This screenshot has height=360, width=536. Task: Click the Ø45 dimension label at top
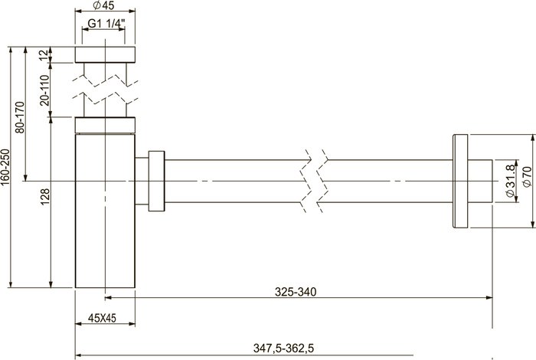103,5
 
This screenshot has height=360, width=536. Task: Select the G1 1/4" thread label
106,24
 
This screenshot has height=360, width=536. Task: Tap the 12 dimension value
44,55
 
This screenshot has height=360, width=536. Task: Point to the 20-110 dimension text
44,90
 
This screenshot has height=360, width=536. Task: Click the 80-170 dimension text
20,117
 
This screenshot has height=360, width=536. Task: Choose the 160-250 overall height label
5,167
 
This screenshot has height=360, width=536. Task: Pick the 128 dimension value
44,197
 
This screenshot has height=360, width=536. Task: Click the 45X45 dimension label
102,318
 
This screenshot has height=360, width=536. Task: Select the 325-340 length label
296,292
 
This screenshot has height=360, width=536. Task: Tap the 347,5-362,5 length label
283,348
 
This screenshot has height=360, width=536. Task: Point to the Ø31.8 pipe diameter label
510,181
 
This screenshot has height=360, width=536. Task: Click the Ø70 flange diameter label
527,176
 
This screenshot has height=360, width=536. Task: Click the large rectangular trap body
106,211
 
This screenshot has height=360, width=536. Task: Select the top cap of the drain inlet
106,54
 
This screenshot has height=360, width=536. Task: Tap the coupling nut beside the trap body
156,181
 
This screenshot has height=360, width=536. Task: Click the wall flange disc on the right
460,181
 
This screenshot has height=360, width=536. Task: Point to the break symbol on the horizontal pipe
314,181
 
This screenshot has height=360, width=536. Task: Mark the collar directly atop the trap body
106,125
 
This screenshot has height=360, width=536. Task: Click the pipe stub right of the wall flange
480,181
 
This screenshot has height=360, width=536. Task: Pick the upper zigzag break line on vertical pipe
106,80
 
